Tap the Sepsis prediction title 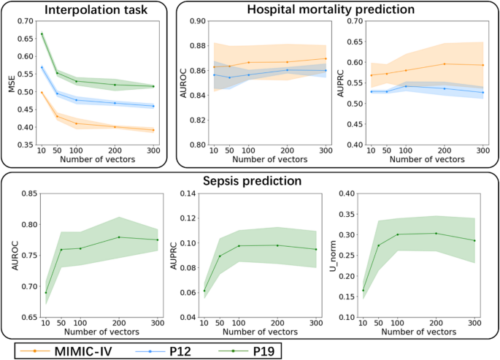250,180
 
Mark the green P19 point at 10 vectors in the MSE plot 42,34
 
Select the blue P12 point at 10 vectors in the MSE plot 42,67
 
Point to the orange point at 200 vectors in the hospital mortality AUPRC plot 445,64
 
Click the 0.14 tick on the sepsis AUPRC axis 185,194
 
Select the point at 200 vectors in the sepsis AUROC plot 119,237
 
